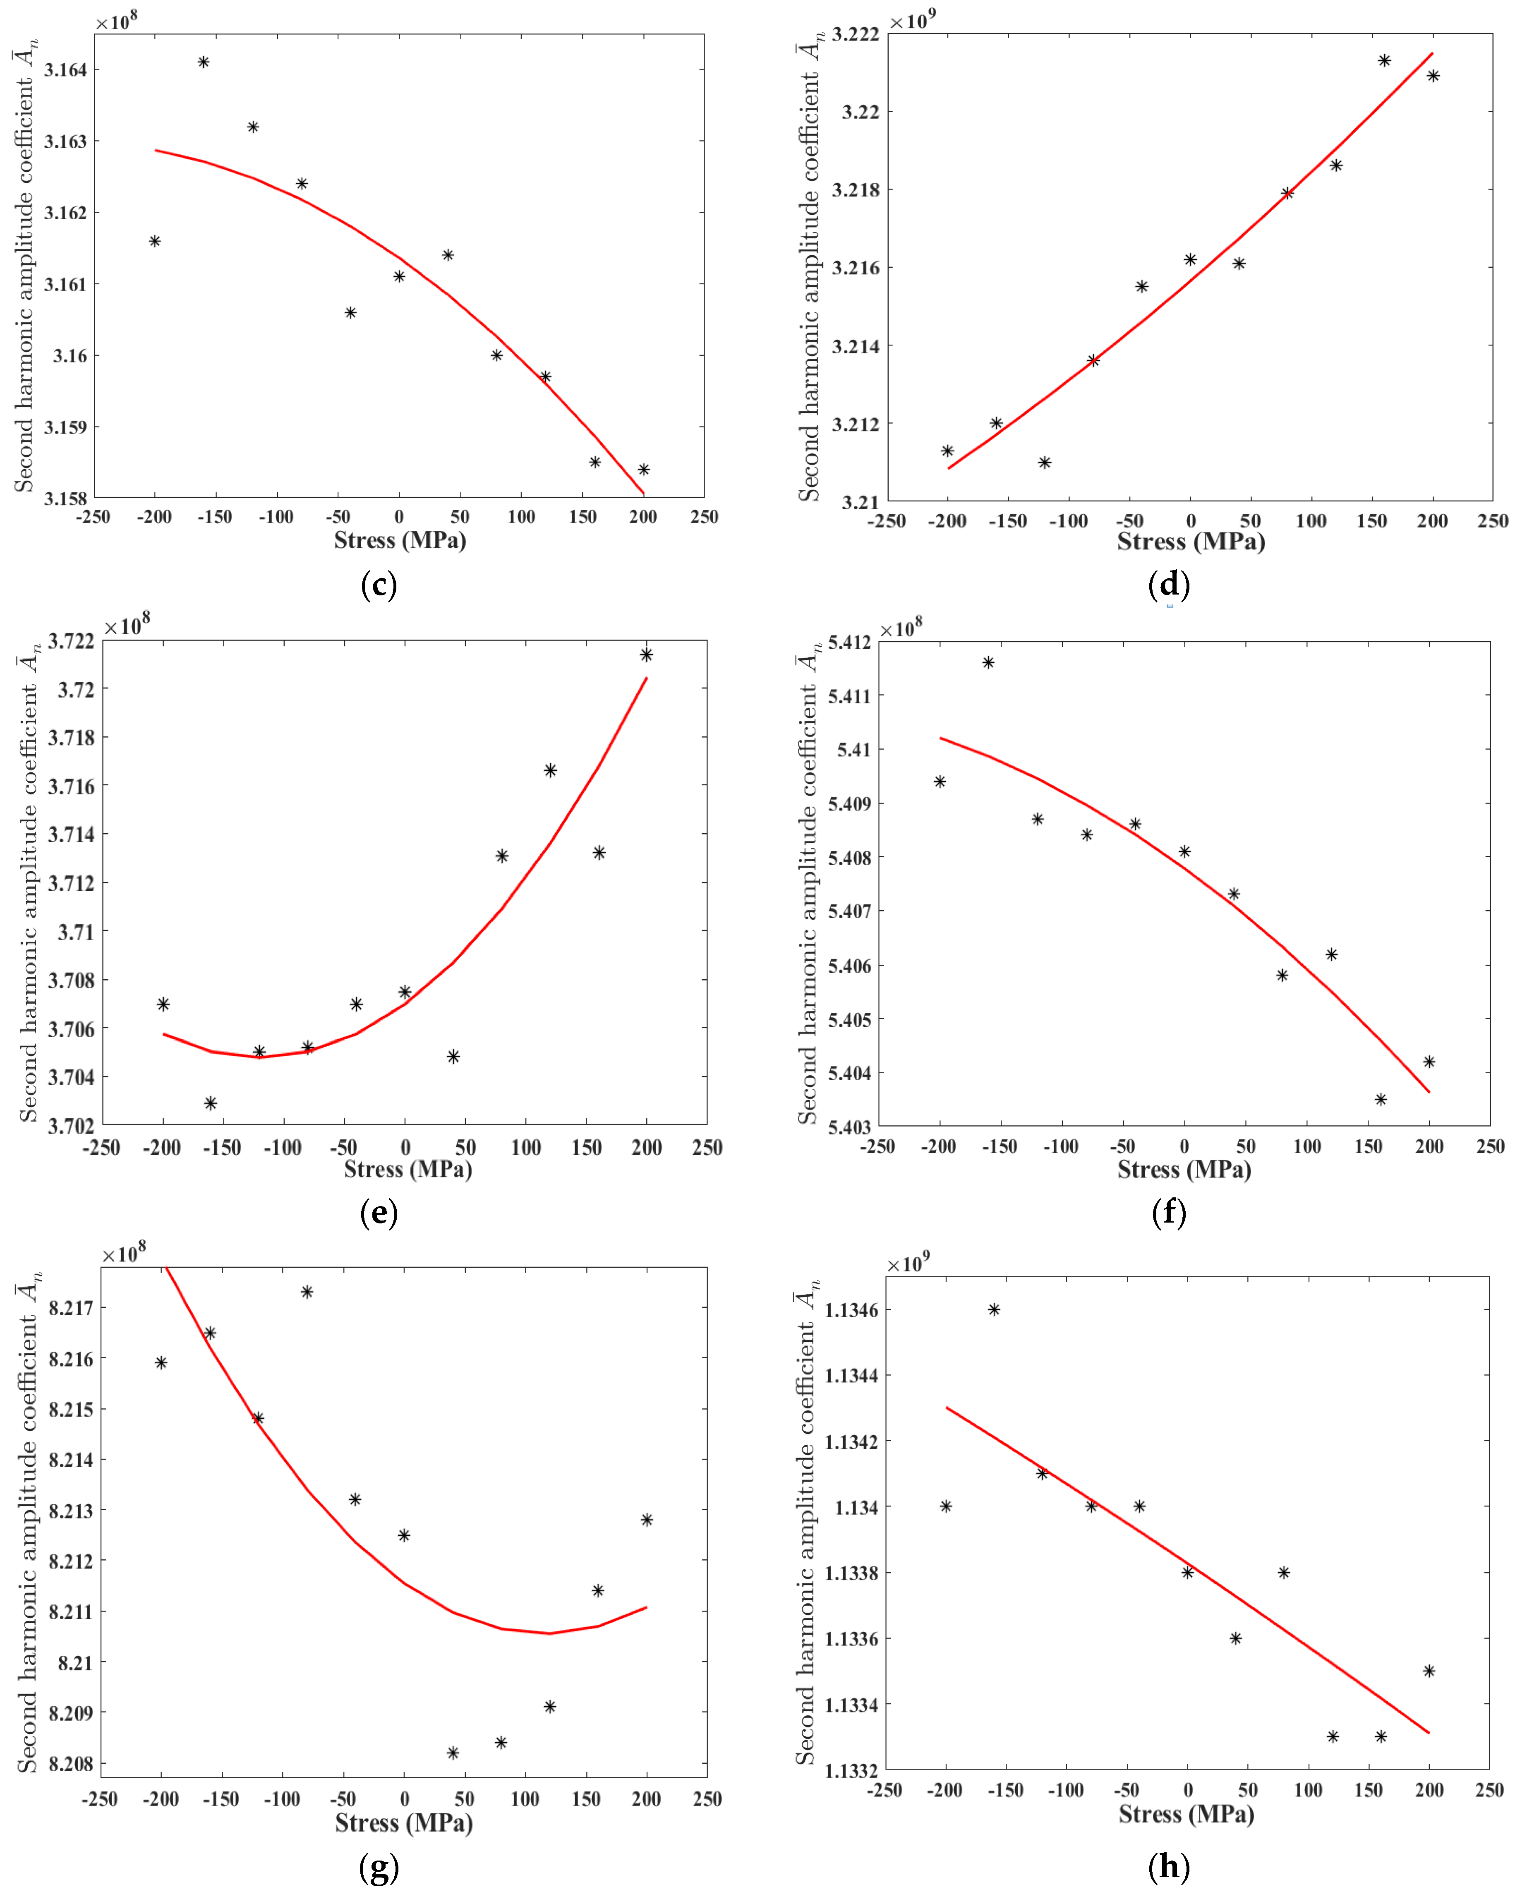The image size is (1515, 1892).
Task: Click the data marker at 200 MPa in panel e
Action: pos(647,655)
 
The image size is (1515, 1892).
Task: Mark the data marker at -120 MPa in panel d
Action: pos(1045,463)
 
